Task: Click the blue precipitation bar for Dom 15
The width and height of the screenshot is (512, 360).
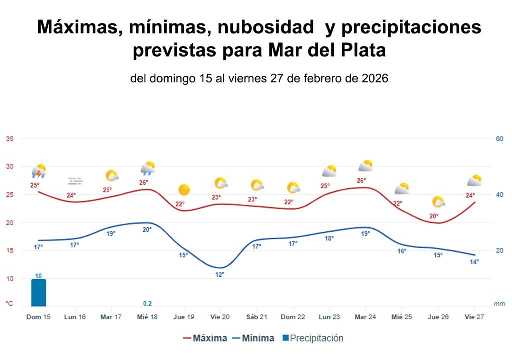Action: point(38,293)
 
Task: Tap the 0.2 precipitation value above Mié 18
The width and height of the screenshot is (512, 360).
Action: point(148,303)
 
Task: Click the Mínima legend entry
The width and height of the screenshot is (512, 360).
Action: point(253,338)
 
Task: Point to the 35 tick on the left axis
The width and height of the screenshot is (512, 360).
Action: point(9,139)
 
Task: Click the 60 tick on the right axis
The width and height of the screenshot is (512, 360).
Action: point(499,139)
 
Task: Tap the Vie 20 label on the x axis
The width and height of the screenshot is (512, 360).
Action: point(220,317)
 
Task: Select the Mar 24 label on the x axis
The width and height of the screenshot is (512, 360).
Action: point(366,317)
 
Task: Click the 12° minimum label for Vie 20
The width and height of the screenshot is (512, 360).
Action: point(220,274)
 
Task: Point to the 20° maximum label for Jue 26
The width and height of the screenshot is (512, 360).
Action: point(434,216)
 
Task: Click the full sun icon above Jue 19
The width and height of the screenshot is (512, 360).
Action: point(184,190)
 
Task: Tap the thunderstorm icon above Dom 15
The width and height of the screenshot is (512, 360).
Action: point(39,172)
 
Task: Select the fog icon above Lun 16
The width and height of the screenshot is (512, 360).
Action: point(75,181)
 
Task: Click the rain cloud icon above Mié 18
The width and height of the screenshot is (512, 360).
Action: point(148,169)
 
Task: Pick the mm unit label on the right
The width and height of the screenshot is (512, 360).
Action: point(499,303)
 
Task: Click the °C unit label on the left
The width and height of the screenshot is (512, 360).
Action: point(9,303)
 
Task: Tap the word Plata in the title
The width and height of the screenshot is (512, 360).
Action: point(361,50)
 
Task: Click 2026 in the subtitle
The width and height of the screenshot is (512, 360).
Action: point(375,79)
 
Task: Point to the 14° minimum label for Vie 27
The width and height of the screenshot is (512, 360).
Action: point(474,262)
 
